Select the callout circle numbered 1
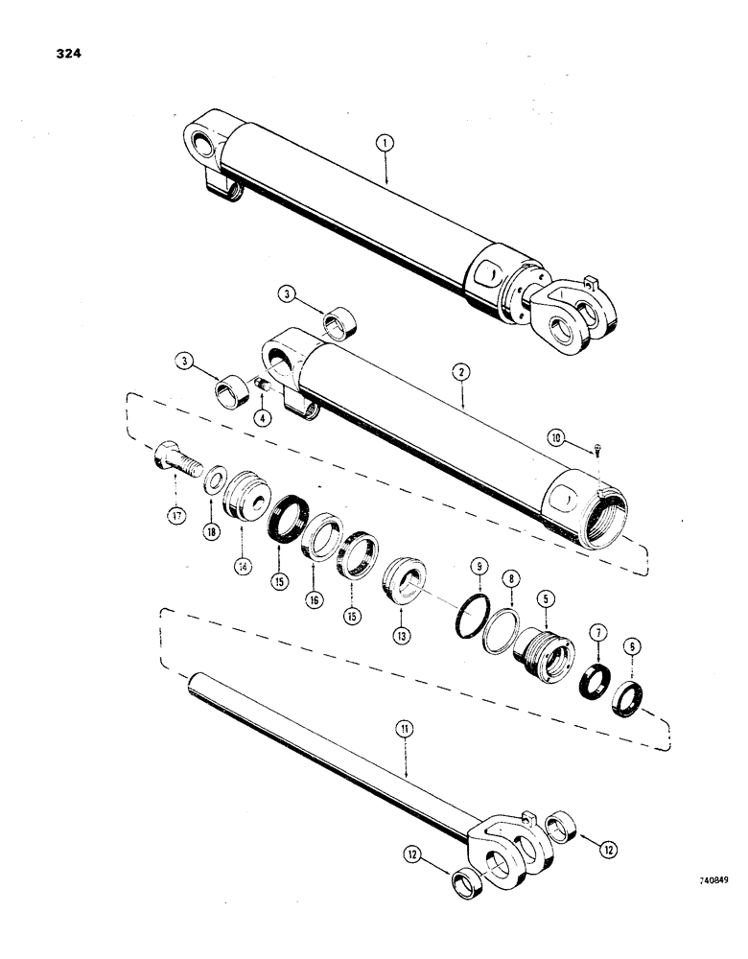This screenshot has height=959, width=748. click(385, 145)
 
